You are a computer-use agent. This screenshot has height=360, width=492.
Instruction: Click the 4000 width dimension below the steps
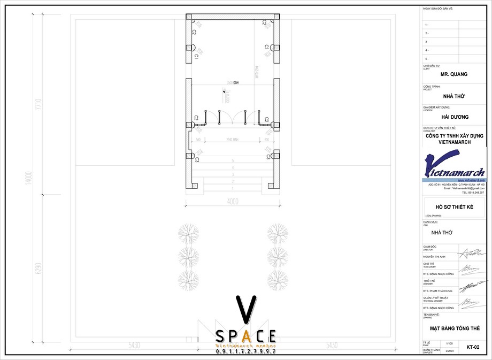[232, 202]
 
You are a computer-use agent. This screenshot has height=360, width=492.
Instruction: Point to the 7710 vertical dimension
[38, 104]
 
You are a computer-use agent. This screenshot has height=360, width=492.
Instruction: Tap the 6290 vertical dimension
[38, 268]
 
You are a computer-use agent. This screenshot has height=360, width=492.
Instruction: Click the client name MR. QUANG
[454, 74]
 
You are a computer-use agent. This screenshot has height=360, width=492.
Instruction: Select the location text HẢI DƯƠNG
[455, 117]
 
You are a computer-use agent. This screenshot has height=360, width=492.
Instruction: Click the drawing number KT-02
[473, 347]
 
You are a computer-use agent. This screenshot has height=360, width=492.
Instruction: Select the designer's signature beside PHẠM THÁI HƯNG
[474, 285]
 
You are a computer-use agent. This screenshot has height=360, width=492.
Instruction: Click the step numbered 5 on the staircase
[232, 160]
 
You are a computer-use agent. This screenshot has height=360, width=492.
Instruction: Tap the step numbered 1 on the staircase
[232, 188]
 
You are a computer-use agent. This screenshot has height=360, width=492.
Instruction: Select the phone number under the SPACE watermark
[245, 352]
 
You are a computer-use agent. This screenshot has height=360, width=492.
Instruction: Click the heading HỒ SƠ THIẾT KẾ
[454, 206]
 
